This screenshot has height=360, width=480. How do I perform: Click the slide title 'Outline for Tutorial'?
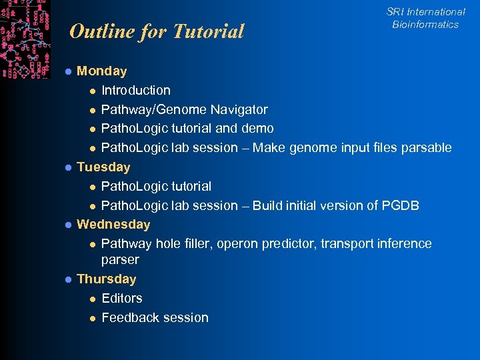157,31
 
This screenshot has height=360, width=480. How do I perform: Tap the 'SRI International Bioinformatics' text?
425,18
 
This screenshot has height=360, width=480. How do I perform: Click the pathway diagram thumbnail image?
25,38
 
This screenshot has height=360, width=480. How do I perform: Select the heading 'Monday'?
102,71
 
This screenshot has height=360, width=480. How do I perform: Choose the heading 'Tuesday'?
103,167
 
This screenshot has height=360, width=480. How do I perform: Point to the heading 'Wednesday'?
113,224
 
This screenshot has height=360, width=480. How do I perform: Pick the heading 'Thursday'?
107,279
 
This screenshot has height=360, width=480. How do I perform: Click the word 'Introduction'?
135,90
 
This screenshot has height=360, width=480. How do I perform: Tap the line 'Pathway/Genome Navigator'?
184,109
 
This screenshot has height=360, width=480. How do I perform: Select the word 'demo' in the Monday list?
258,128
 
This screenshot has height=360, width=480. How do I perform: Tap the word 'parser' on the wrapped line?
120,259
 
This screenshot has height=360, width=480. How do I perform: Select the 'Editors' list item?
121,298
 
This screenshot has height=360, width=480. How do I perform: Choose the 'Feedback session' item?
155,317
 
